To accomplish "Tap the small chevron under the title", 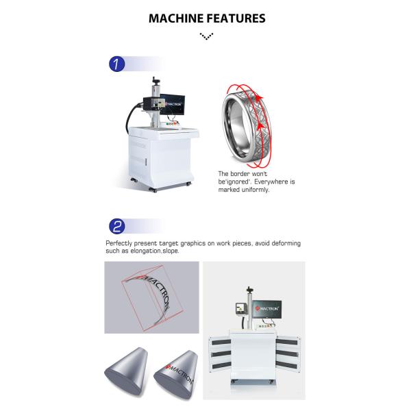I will [x=206, y=35].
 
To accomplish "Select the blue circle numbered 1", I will [x=117, y=65].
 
